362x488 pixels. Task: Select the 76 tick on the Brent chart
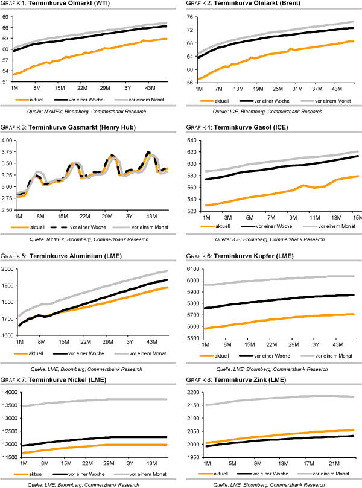[191, 16]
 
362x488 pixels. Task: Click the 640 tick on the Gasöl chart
[192, 140]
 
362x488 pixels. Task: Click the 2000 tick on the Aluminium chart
[7, 269]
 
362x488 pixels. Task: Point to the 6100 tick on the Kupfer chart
[191, 269]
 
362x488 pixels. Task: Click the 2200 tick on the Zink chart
[191, 393]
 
